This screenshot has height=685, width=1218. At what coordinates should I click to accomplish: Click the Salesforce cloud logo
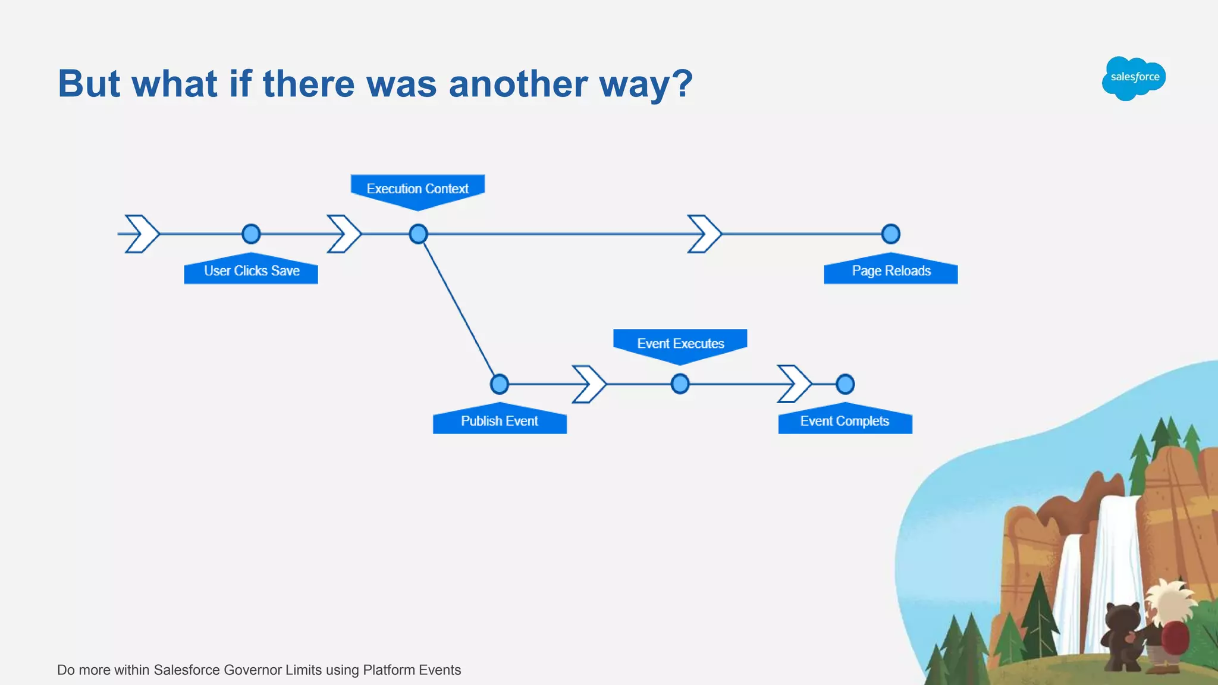(x=1134, y=78)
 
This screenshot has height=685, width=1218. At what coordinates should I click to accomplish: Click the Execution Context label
(x=417, y=188)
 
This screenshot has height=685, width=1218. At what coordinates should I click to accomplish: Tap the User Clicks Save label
(x=251, y=271)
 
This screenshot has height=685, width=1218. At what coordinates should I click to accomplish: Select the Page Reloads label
(x=891, y=271)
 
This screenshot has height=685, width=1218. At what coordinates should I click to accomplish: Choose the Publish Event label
(x=500, y=421)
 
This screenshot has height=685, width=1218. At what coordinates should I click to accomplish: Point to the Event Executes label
(x=680, y=343)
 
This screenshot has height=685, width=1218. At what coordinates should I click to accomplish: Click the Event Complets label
(x=845, y=421)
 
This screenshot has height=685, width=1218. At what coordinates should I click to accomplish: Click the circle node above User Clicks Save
(x=251, y=234)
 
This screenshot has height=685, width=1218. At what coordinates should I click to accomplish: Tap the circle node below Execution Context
(x=418, y=234)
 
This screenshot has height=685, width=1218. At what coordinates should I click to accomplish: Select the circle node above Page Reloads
(x=890, y=234)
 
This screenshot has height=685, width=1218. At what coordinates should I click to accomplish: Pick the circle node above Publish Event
(x=499, y=384)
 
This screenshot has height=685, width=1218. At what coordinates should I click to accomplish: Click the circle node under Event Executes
(x=680, y=384)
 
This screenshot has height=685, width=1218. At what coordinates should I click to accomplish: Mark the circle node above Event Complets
(x=845, y=384)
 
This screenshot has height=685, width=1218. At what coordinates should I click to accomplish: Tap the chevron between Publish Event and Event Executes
(x=589, y=384)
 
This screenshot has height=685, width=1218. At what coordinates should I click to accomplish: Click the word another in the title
(x=517, y=84)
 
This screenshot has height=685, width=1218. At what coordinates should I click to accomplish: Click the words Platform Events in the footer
(x=412, y=670)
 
